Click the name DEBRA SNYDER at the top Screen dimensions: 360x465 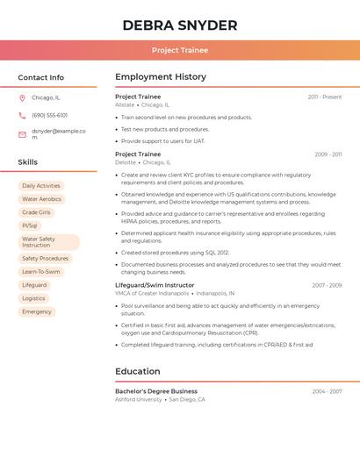[x=180, y=25]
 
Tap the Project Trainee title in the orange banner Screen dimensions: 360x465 [x=180, y=51]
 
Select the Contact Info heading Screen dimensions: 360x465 [x=40, y=77]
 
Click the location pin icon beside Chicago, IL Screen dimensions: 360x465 [x=22, y=98]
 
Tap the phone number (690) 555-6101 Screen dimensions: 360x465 [x=49, y=115]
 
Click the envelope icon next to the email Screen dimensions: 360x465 [x=22, y=134]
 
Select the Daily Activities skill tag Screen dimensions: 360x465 [x=41, y=186]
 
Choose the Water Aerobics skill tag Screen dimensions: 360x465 [x=41, y=199]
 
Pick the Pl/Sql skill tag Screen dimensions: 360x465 [x=30, y=225]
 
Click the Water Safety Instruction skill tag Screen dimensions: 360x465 [x=48, y=242]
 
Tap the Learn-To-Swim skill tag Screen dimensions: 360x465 [x=41, y=272]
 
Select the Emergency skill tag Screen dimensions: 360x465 [x=37, y=311]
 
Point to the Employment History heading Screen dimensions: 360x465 [x=161, y=77]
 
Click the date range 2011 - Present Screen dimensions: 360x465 [x=324, y=97]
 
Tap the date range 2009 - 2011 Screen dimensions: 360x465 [x=328, y=154]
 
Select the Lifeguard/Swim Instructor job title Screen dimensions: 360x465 [x=155, y=285]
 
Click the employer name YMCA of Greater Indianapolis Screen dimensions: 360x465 [x=152, y=293]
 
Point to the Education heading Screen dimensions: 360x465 [x=138, y=371]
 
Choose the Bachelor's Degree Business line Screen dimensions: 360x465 [x=156, y=391]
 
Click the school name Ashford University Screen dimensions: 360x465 [x=139, y=399]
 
